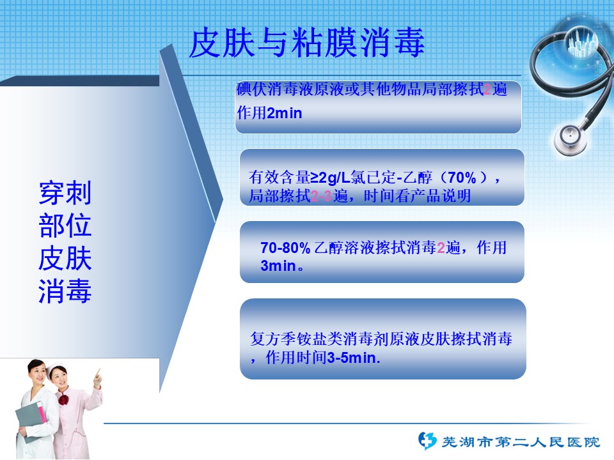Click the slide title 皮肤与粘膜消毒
click(x=307, y=43)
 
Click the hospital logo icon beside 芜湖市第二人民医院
click(x=427, y=440)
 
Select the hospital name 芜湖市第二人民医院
click(x=521, y=442)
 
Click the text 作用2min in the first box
click(x=269, y=113)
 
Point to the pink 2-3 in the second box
click(x=321, y=195)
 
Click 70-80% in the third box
click(x=285, y=248)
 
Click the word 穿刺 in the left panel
click(x=65, y=192)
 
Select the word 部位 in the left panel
click(x=65, y=226)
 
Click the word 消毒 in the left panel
click(x=65, y=291)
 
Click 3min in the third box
click(x=278, y=266)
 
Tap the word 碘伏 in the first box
click(x=252, y=89)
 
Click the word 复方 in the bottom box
click(x=265, y=339)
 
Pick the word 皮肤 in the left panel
click(x=65, y=258)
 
